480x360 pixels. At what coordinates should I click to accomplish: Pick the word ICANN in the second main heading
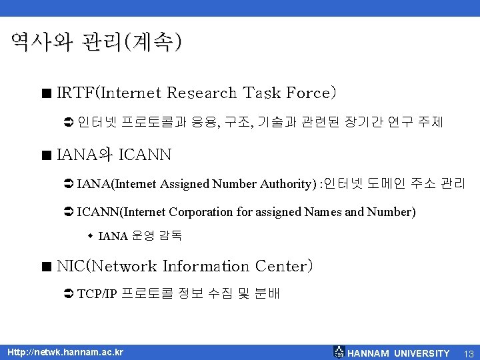point(145,156)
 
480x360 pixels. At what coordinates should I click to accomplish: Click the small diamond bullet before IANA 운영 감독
point(91,235)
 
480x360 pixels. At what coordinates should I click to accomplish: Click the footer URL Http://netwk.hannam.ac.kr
point(65,352)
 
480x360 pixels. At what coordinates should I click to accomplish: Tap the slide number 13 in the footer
point(468,353)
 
